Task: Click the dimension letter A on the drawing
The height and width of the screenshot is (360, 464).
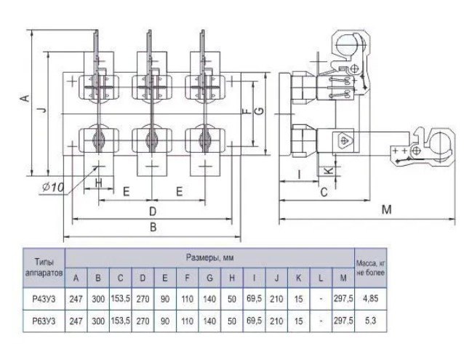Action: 24,99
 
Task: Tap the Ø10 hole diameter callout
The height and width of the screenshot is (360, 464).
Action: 54,187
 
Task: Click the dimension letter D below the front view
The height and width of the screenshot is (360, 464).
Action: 153,210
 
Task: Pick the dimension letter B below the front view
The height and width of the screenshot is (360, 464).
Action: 153,228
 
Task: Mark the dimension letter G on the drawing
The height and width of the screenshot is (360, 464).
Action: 258,109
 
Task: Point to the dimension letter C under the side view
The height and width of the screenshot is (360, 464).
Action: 323,192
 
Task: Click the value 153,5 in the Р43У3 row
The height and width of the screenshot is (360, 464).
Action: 120,298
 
